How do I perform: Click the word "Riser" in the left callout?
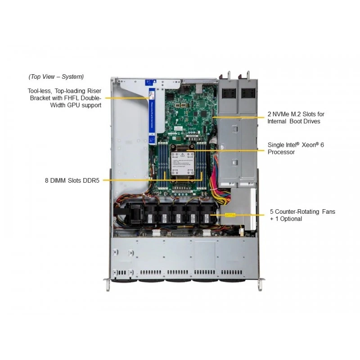(94, 91)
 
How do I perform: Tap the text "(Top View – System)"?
(56, 76)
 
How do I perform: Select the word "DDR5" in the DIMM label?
(91, 180)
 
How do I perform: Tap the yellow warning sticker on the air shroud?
(230, 215)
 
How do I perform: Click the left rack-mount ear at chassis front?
(108, 284)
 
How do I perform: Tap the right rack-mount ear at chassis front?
(261, 284)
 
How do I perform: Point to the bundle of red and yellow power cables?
(219, 186)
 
